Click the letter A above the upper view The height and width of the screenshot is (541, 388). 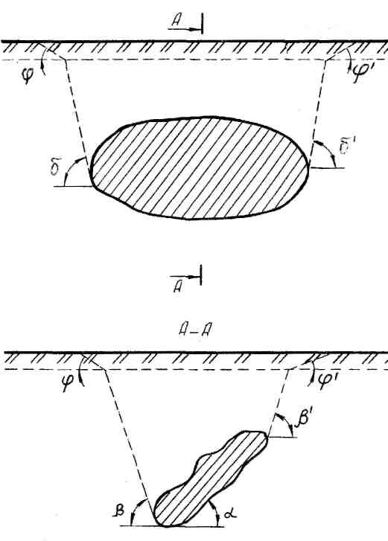pos(176,22)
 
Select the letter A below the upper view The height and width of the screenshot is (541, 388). pos(178,286)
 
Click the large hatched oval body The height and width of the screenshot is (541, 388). pos(200,168)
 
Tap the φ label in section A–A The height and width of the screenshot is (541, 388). pos(68,385)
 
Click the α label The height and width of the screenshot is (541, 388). pos(229,514)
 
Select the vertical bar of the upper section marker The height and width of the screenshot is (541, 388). pos(203,24)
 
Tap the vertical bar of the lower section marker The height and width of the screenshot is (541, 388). pos(201,275)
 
